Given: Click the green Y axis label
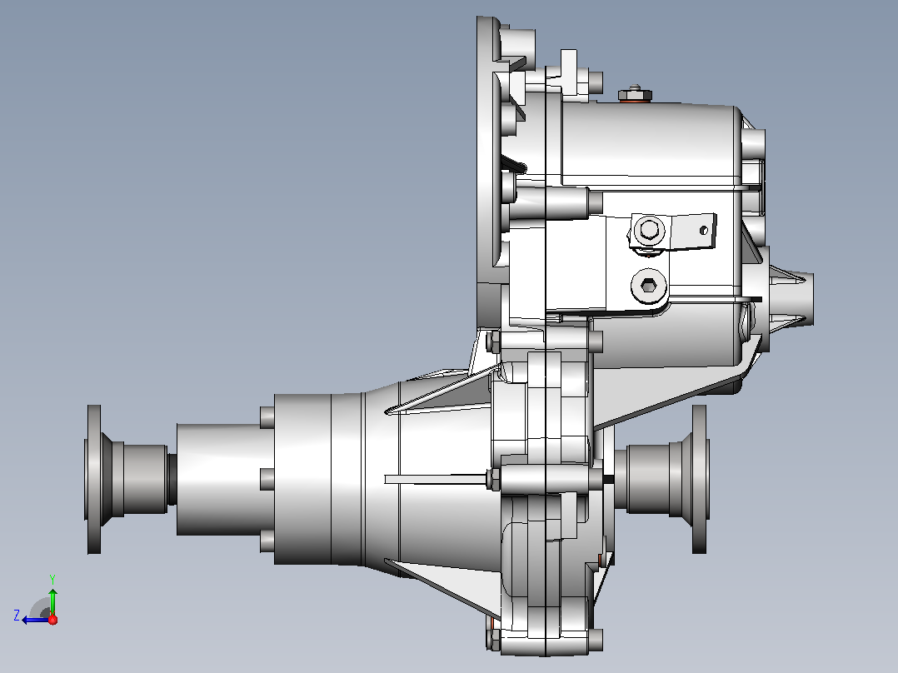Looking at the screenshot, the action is click(x=52, y=579).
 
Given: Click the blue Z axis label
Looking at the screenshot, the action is click(x=17, y=616).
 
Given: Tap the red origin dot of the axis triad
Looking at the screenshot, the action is click(x=52, y=620).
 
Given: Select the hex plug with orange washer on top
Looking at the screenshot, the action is click(x=634, y=94).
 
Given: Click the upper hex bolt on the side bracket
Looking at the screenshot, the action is click(x=649, y=230).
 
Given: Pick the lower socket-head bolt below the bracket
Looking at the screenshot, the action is click(x=648, y=285).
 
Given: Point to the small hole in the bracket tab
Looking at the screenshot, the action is click(x=704, y=230).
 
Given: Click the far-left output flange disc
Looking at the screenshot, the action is click(x=94, y=480).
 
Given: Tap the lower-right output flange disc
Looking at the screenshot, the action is click(x=700, y=480).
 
